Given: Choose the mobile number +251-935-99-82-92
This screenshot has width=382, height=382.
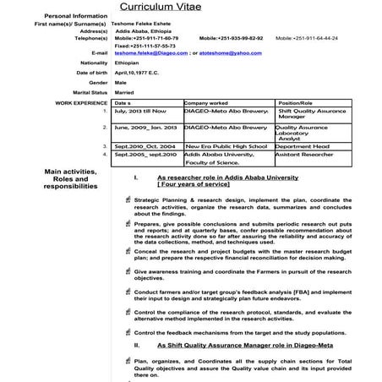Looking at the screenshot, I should point(232,39).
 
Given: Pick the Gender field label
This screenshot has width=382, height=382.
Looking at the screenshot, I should point(98,82).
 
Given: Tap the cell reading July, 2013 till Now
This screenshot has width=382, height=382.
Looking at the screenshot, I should point(139,111).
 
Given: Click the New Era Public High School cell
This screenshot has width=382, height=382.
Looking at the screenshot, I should point(218,146).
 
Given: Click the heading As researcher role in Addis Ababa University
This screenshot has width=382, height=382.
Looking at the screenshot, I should point(227,178).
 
